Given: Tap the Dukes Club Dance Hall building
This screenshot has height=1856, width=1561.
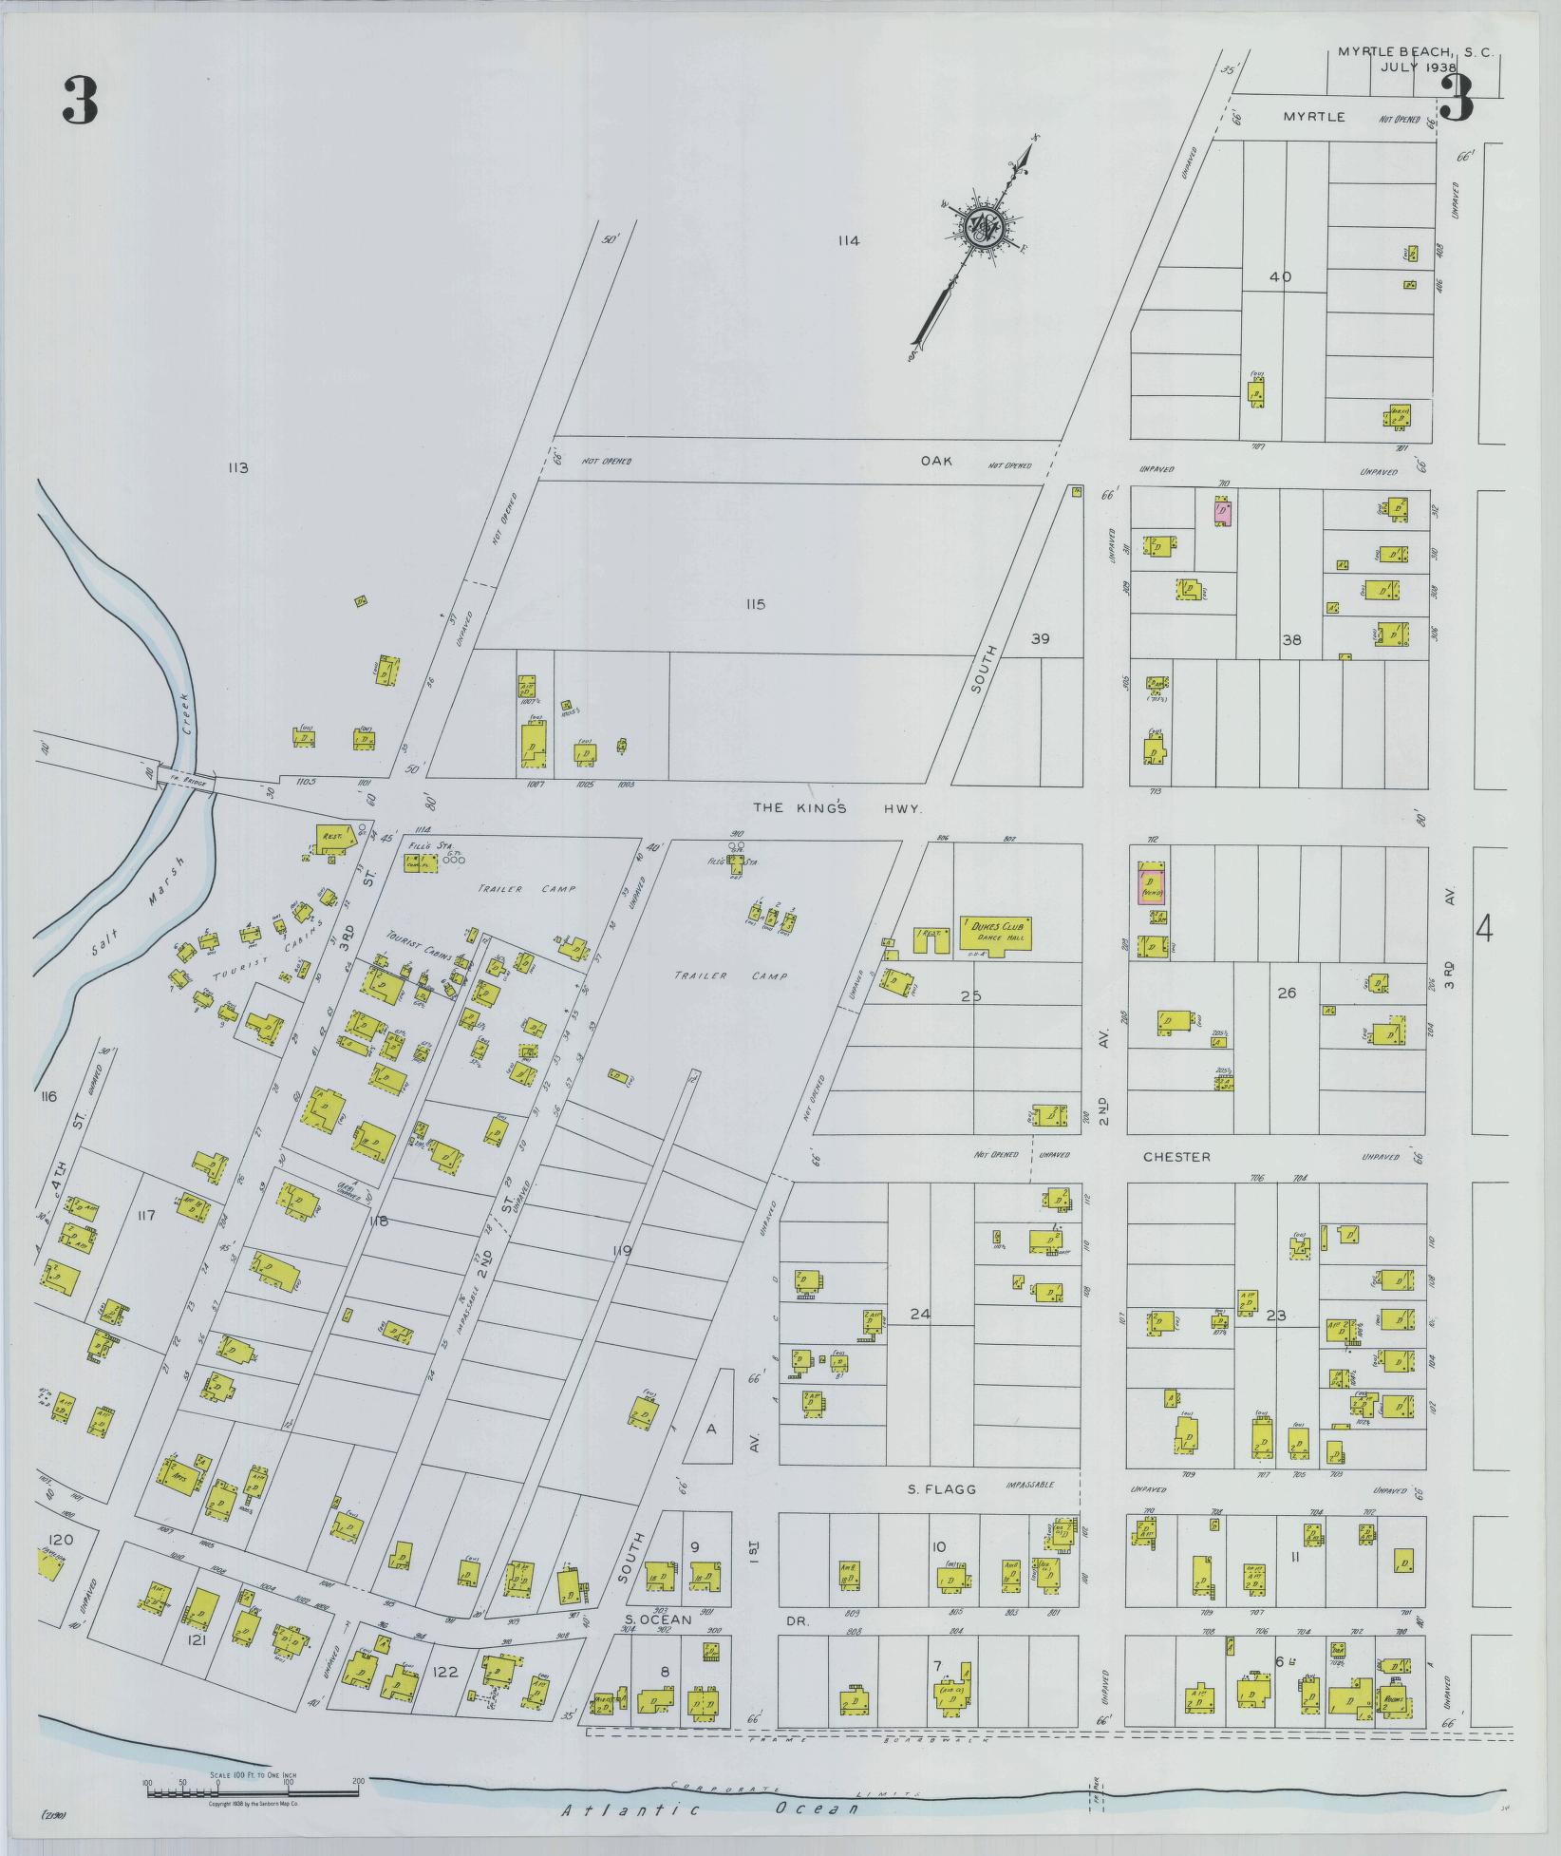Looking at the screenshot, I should pos(996,934).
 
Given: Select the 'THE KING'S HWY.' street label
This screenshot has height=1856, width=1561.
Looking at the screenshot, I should pos(837,807).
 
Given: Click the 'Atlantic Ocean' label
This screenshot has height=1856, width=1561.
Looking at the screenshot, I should pos(709,1809).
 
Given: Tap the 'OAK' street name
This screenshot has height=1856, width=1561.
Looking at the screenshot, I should pos(935,460).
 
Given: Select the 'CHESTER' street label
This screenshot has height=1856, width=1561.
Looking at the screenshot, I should pos(1176,1157).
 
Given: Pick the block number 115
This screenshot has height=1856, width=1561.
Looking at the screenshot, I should pos(755,604).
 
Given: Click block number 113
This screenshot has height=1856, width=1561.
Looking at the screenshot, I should pos(237,467).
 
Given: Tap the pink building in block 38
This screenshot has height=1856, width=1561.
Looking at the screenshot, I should pos(1223,513).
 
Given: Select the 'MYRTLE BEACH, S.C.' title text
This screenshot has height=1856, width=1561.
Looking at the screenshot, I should pos(1415,52).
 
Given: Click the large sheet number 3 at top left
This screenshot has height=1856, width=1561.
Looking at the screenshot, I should pos(80,102).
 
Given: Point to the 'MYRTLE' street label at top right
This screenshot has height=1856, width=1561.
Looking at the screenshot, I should pos(1314,117).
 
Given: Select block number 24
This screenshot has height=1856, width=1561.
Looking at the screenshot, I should pos(919,1315).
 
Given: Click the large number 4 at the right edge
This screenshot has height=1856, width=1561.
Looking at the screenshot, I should pos(1484,929).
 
